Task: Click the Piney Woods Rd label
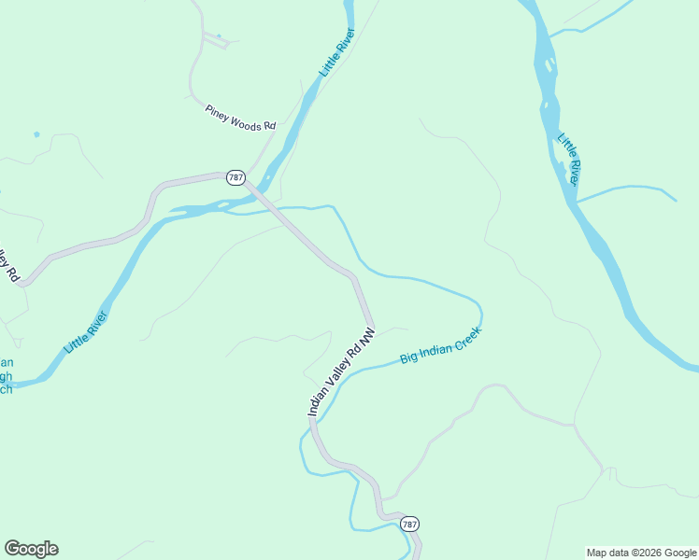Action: (x=241, y=118)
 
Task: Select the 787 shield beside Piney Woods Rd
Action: (x=235, y=177)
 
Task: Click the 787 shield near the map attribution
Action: (x=409, y=525)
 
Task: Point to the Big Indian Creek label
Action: (x=440, y=345)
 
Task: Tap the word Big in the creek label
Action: (x=407, y=357)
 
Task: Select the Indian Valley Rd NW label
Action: (x=341, y=371)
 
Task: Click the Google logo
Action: (x=31, y=549)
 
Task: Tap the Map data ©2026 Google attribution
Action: (x=641, y=553)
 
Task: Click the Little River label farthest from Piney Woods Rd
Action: (x=571, y=159)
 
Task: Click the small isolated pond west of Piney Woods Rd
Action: (x=36, y=134)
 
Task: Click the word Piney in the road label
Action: (x=217, y=111)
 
